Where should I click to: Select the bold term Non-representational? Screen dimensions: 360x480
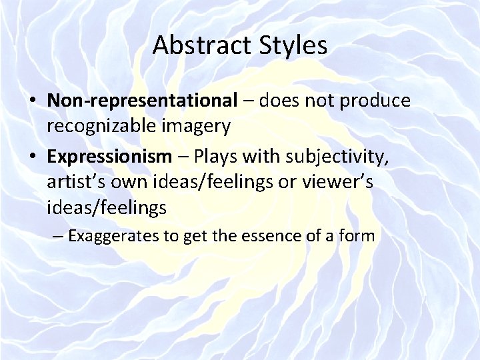[142, 101]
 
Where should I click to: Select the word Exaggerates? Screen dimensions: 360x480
[111, 235]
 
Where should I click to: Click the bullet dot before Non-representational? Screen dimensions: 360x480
[33, 101]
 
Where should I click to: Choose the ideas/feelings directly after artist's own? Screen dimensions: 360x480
[215, 182]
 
